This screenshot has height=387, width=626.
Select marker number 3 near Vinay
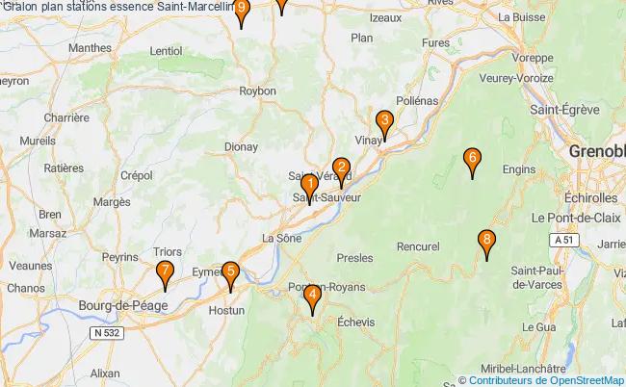[384, 122]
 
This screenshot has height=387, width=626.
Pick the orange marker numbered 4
[312, 297]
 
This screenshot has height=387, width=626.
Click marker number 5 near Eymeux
[229, 273]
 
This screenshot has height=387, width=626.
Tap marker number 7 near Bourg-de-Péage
[165, 273]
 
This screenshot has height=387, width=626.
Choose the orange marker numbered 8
[487, 242]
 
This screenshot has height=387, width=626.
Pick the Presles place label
[356, 258]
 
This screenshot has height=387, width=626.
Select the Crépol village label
[138, 175]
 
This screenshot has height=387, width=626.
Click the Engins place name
[545, 169]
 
